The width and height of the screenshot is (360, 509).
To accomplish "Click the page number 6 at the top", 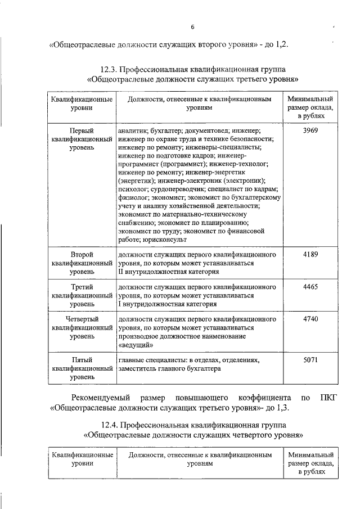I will (191, 27).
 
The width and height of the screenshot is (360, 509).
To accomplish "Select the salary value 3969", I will (310, 130).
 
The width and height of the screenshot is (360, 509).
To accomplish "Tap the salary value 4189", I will (310, 255).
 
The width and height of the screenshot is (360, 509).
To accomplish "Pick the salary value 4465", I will (310, 286).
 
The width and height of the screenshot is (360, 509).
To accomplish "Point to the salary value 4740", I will (310, 318).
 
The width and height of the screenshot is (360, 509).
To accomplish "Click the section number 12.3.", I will (110, 69).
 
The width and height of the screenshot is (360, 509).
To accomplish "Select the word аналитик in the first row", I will (133, 130).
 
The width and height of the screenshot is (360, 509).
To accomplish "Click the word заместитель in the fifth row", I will (138, 368).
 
